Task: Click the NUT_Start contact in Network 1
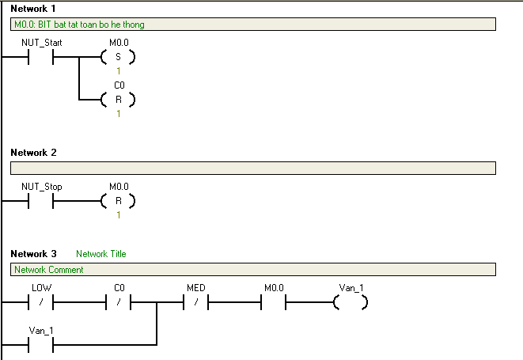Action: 40,57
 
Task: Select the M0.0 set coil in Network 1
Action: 118,57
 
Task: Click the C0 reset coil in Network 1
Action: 118,100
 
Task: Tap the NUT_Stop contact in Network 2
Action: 40,201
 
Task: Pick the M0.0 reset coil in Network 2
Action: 118,201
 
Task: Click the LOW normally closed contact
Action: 40,302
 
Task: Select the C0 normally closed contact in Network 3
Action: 118,302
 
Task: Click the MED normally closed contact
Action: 195,302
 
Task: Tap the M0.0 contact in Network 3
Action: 274,302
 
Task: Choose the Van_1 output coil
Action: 351,302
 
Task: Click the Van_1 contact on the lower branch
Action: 40,345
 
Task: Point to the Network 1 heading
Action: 33,9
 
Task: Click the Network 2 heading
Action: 33,153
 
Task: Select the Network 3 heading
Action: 33,254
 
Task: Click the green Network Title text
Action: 101,254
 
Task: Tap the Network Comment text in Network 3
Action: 49,270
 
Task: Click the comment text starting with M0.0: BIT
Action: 79,25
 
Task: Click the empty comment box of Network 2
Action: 253,169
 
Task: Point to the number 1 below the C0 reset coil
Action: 119,114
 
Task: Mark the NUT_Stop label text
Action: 42,187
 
